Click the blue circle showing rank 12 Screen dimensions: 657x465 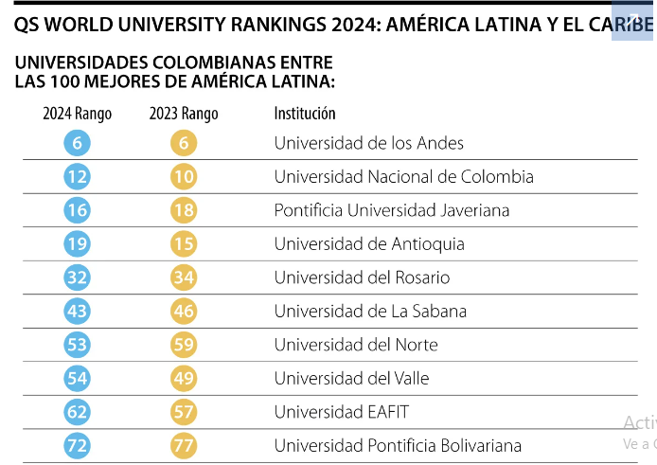(77, 176)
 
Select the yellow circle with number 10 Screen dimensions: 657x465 (184, 176)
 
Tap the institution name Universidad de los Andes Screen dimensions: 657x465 (368, 143)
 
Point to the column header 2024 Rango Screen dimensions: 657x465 (77, 114)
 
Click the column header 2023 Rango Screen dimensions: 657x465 (184, 114)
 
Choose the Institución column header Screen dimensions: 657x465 (305, 114)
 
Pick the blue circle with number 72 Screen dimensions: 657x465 (77, 445)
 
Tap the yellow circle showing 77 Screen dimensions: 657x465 (184, 445)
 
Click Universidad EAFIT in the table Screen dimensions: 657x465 (342, 412)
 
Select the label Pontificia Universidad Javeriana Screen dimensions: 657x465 (392, 210)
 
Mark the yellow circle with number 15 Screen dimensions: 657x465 (184, 243)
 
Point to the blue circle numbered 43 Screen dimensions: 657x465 (77, 312)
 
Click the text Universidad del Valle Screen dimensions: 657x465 (351, 378)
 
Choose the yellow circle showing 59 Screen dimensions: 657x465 (184, 345)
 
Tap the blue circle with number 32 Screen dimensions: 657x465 (77, 277)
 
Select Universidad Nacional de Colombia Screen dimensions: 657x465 (404, 176)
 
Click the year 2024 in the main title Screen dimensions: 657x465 (355, 25)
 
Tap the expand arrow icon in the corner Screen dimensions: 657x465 (632, 19)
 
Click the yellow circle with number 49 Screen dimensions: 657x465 (184, 378)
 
